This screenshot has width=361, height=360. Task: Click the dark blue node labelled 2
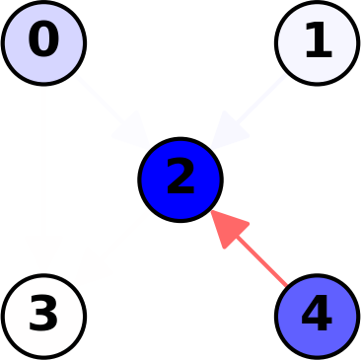pyautogui.click(x=180, y=180)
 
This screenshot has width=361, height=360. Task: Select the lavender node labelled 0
pyautogui.click(x=43, y=42)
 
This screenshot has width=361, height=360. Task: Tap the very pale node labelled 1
pyautogui.click(x=317, y=42)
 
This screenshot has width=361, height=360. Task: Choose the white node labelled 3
pyautogui.click(x=43, y=316)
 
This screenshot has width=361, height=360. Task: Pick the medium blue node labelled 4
pyautogui.click(x=317, y=316)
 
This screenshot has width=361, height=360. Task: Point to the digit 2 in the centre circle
pyautogui.click(x=180, y=179)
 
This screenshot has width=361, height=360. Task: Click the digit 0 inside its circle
pyautogui.click(x=43, y=41)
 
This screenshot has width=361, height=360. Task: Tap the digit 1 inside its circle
pyautogui.click(x=318, y=41)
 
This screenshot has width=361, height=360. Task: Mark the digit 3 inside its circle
pyautogui.click(x=43, y=316)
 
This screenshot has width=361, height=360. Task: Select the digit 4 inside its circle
pyautogui.click(x=317, y=316)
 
